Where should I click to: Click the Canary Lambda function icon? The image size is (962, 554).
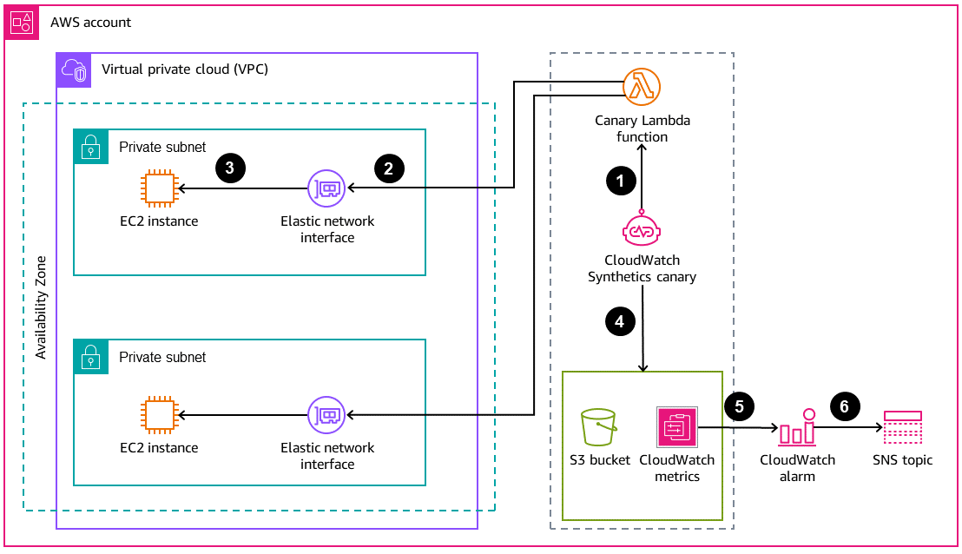tap(642, 87)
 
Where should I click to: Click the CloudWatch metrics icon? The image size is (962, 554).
tap(676, 427)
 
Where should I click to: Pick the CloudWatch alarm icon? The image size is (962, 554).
tap(797, 428)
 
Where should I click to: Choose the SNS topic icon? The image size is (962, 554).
tap(902, 428)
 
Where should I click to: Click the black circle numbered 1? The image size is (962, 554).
tap(620, 181)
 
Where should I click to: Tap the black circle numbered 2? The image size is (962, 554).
tap(389, 168)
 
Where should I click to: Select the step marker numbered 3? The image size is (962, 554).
tap(229, 168)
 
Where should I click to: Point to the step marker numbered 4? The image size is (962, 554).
tap(620, 321)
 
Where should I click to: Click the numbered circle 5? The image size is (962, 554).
tap(738, 406)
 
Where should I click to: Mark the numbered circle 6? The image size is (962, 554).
tap(845, 406)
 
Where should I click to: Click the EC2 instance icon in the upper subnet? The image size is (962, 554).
tap(159, 188)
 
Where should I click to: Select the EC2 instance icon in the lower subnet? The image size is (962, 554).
tap(159, 415)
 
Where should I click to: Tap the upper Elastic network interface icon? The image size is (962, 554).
tap(326, 188)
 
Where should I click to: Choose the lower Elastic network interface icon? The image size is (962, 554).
tap(326, 415)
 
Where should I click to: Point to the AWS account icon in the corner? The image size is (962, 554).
tap(22, 22)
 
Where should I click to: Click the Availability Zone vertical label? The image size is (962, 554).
tap(41, 307)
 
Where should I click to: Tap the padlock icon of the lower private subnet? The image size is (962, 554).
tap(89, 356)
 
